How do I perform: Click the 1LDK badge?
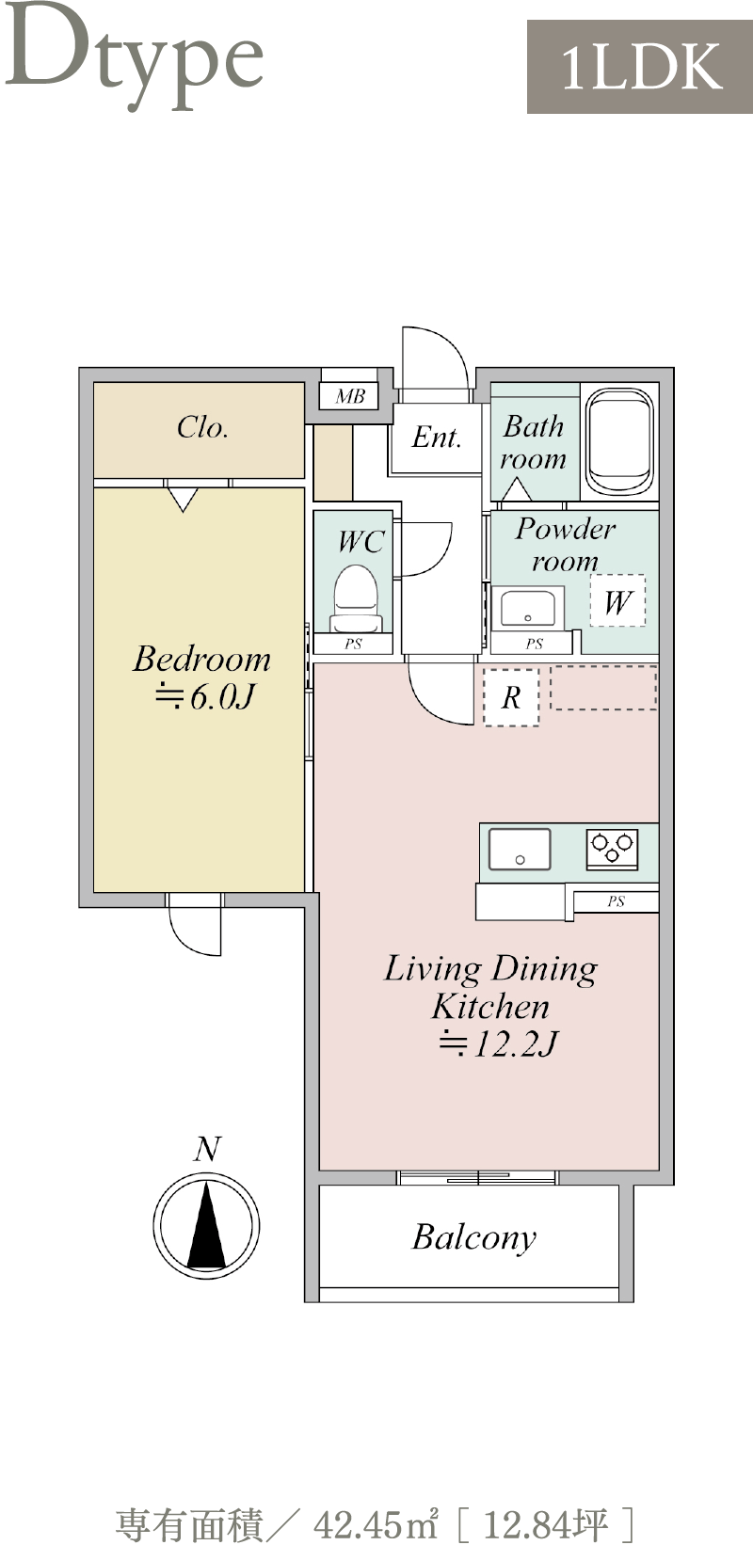[640, 67]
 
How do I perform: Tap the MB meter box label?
[350, 396]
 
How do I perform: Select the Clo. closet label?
[202, 427]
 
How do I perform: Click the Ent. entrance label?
[436, 438]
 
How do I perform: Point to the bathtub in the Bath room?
[619, 441]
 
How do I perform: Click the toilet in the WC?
[356, 597]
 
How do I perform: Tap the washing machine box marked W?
[617, 600]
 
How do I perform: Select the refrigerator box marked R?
[511, 697]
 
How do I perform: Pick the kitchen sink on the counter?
[520, 849]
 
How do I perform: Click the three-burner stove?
[612, 848]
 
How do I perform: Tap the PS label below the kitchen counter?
[616, 900]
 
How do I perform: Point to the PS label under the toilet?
[353, 644]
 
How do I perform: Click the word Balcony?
[474, 1237]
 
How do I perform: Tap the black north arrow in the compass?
[206, 1224]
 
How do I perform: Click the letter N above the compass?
[207, 1149]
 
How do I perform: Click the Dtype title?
[135, 56]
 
